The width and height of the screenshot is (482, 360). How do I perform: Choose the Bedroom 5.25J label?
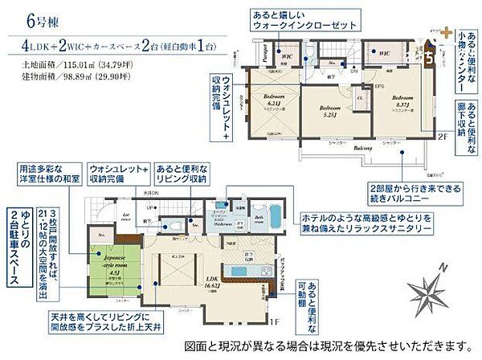tap(331, 110)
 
